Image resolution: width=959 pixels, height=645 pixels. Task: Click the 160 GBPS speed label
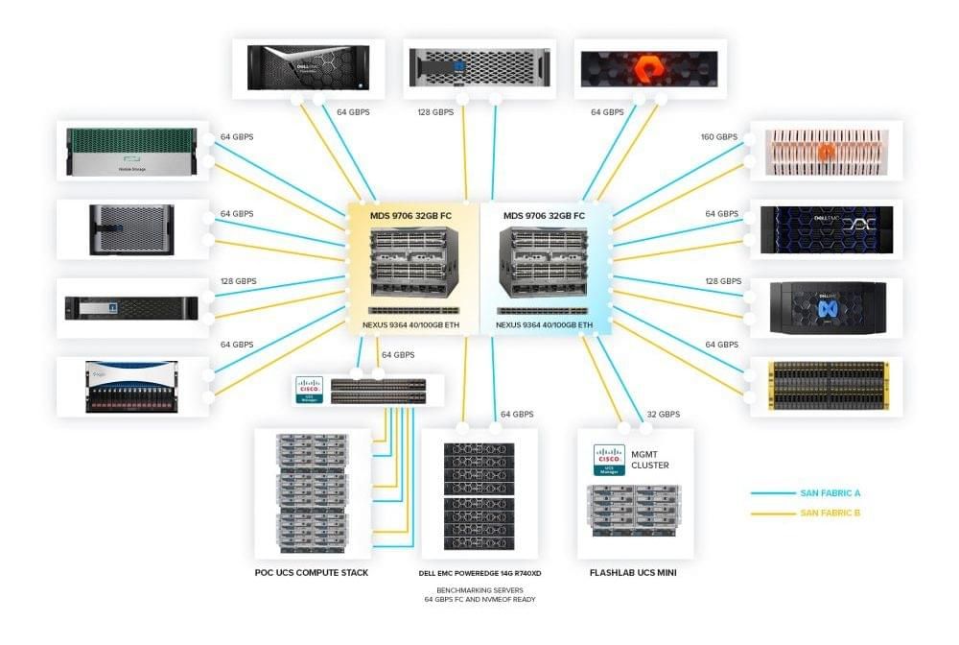click(x=719, y=137)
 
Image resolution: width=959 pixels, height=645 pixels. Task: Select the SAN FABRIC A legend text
click(x=830, y=493)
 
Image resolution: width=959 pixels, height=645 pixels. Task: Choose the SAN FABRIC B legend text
click(x=830, y=514)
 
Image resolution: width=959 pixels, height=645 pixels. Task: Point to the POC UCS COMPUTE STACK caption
click(x=311, y=573)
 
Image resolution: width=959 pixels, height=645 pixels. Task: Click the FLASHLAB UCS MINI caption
click(x=635, y=573)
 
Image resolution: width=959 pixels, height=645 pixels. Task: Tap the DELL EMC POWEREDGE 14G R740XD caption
click(x=480, y=573)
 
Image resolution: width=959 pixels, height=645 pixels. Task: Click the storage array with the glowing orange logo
click(x=649, y=67)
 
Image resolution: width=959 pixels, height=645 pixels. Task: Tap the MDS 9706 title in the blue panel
click(x=544, y=216)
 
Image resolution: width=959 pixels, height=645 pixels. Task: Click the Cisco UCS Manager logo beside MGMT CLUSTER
click(x=609, y=460)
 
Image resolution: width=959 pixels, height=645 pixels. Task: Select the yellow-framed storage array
click(x=826, y=386)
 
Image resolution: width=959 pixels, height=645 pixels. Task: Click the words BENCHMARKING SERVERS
click(x=480, y=590)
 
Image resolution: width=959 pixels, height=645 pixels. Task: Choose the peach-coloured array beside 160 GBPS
click(x=826, y=152)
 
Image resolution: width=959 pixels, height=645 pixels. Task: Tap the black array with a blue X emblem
click(x=826, y=308)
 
